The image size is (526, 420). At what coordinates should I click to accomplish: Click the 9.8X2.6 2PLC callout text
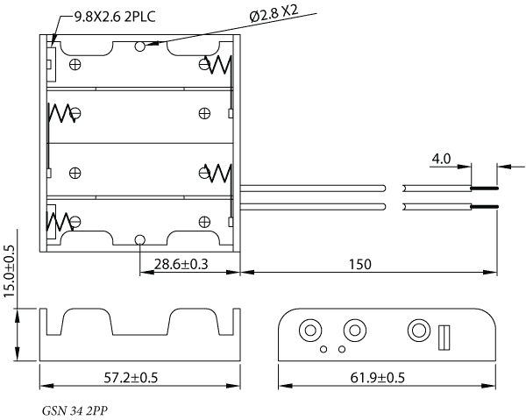click(x=115, y=17)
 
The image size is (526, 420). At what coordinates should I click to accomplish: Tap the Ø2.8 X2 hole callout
click(x=274, y=14)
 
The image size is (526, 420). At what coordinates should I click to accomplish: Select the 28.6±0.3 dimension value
click(x=181, y=264)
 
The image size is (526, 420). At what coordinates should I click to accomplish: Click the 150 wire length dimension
click(x=360, y=264)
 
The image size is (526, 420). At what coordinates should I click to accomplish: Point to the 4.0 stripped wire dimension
click(x=441, y=159)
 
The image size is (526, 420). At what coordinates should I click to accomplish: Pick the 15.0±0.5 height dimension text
click(x=9, y=271)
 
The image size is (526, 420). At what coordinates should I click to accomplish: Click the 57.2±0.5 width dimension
click(x=131, y=378)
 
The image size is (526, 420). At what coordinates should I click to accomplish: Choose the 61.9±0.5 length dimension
click(x=378, y=378)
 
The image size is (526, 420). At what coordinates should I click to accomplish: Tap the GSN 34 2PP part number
click(x=75, y=410)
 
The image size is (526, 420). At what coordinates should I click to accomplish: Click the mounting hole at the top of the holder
click(x=140, y=46)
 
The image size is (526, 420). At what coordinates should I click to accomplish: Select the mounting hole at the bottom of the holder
click(x=140, y=240)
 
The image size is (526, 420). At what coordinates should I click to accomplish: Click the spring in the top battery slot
click(x=218, y=65)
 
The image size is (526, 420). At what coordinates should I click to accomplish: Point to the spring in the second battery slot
click(x=61, y=113)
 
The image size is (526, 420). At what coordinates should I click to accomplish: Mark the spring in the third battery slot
click(x=218, y=173)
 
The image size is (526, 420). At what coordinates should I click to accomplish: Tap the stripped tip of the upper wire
click(x=485, y=189)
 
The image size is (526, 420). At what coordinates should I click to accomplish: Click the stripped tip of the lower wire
click(x=485, y=207)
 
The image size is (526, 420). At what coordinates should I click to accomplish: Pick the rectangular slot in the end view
click(x=444, y=338)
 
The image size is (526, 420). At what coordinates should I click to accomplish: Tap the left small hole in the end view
click(x=323, y=349)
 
